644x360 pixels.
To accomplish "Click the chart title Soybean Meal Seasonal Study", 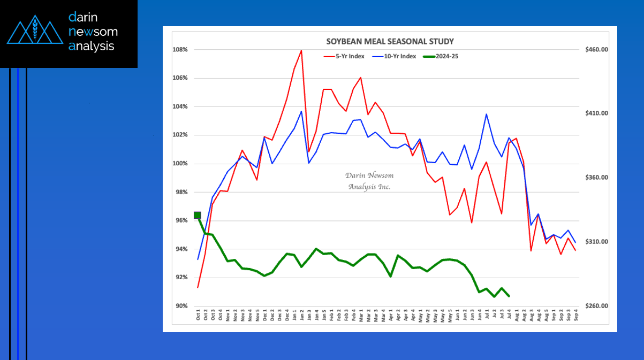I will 390,41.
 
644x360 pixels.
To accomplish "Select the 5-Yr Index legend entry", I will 345,56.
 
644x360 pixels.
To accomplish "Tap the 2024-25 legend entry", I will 444,56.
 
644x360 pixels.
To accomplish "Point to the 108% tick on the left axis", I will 180,50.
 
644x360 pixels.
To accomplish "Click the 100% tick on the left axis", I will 180,164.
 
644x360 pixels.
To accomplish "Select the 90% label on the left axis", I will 181,306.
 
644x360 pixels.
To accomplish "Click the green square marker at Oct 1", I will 198,215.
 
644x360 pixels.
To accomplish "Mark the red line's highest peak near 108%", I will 301,51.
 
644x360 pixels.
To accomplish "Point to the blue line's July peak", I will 486,114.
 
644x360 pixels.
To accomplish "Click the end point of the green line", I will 509,296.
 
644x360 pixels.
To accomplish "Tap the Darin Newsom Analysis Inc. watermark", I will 369,181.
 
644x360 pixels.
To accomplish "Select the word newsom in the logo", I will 93,32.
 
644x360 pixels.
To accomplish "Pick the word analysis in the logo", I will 92,46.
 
